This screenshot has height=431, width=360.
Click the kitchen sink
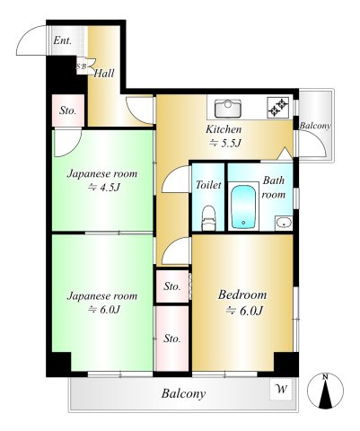coord(228,108)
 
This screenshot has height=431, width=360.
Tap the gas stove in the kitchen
coord(278,108)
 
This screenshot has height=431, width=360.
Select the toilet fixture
coord(209,218)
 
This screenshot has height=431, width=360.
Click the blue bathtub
coord(243,207)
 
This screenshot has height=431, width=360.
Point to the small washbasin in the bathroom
coord(284,223)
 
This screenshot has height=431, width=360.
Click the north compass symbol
coord(326,391)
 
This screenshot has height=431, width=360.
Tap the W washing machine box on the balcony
coord(281,389)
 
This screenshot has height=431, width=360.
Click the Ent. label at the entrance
coord(62,40)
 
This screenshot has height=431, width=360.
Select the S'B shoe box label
coord(81,66)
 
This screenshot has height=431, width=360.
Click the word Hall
coord(104,74)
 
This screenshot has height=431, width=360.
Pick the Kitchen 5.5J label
coord(224,136)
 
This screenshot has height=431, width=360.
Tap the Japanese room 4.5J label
coord(102,180)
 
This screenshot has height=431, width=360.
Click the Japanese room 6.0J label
coord(102,303)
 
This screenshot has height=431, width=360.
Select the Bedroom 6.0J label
coord(242,303)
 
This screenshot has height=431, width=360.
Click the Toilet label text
coord(208,185)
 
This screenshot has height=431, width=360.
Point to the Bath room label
coord(274,188)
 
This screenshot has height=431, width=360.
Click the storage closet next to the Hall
coord(68,110)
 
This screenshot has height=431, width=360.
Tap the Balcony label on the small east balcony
coord(315,126)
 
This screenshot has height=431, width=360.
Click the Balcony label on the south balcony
coord(183,394)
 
